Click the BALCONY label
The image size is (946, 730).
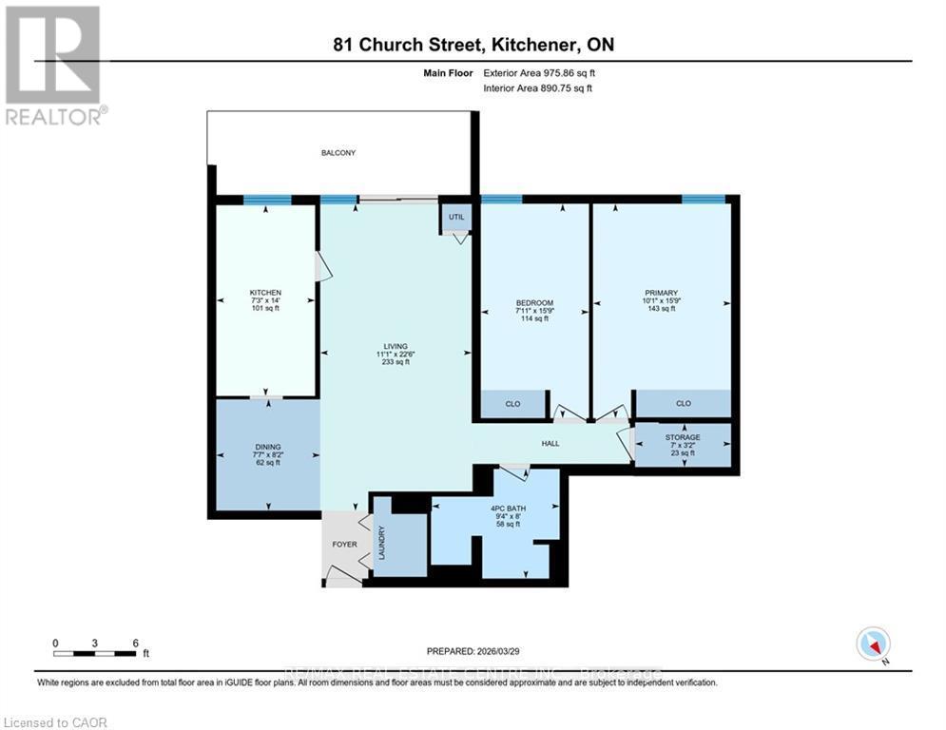point(338,152)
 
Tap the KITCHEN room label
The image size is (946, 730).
point(265,292)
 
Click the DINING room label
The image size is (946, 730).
point(266,446)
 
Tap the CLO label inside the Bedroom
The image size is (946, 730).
point(512,404)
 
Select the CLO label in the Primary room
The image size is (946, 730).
point(683,404)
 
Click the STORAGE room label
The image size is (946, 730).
point(682,437)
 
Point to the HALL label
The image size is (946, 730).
point(550,443)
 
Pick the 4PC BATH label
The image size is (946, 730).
point(509,508)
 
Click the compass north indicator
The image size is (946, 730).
point(872,645)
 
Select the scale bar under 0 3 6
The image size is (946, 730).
point(95,653)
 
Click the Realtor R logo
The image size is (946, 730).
point(53,55)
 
